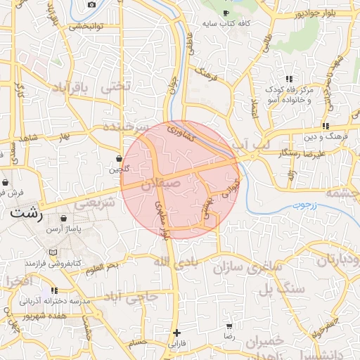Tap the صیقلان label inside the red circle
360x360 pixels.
pyautogui.click(x=161, y=184)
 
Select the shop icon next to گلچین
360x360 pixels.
pyautogui.click(x=119, y=159)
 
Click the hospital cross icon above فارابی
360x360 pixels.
pyautogui.click(x=176, y=333)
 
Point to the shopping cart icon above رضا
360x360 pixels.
pyautogui.click(x=229, y=327)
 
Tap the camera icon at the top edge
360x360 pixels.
pyautogui.click(x=91, y=5)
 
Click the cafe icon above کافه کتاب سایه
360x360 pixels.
pyautogui.click(x=225, y=13)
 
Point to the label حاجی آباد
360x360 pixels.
pyautogui.click(x=130, y=297)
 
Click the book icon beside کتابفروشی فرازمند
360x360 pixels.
pyautogui.click(x=53, y=252)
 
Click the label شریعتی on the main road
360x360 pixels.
pyautogui.click(x=94, y=202)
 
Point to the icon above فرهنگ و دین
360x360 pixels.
pyautogui.click(x=326, y=125)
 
